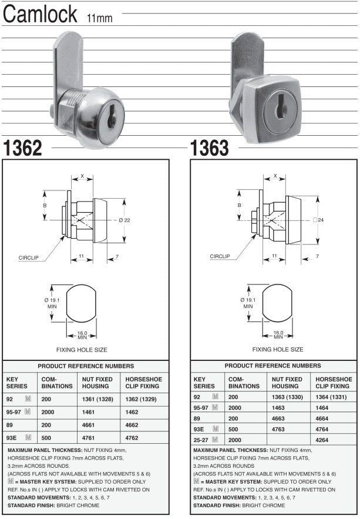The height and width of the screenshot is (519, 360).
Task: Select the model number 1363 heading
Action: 210,149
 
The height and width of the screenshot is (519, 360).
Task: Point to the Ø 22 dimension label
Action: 124,220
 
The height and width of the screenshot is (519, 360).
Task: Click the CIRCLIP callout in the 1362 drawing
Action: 29,257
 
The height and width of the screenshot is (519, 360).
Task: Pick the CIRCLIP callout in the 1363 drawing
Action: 220,256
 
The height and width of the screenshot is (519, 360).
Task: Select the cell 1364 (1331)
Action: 333,397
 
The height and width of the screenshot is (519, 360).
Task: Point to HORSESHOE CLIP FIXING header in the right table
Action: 334,383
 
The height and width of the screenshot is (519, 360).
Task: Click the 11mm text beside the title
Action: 100,19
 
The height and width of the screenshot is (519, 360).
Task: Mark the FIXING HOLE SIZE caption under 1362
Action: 82,349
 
